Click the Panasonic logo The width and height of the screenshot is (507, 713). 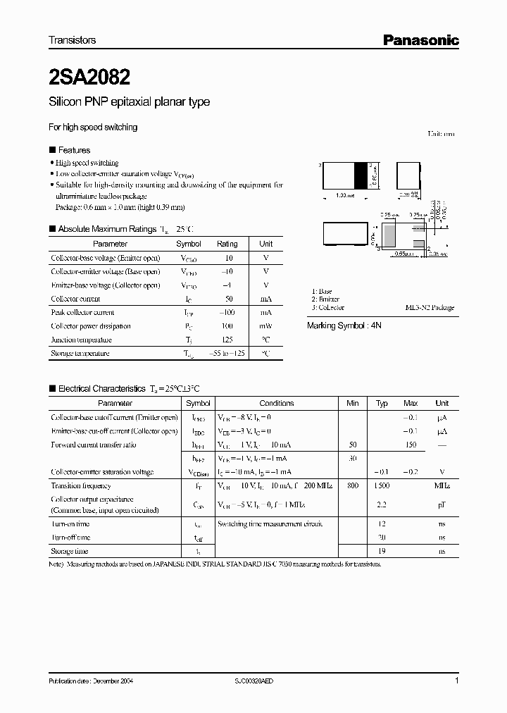420,40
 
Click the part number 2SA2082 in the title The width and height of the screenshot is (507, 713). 89,74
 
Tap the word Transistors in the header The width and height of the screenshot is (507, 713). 72,40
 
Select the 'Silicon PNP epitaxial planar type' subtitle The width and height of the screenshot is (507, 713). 129,102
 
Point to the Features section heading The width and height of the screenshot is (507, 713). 74,150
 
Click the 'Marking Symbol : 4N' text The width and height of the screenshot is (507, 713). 342,326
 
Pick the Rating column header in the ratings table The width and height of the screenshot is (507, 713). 227,244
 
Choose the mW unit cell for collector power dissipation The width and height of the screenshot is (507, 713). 265,326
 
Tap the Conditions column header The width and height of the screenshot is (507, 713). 277,403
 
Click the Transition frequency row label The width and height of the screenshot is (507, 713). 82,485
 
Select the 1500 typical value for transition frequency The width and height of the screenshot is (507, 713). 382,485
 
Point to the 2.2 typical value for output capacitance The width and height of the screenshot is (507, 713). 382,504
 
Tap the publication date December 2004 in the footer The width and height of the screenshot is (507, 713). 90,681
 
